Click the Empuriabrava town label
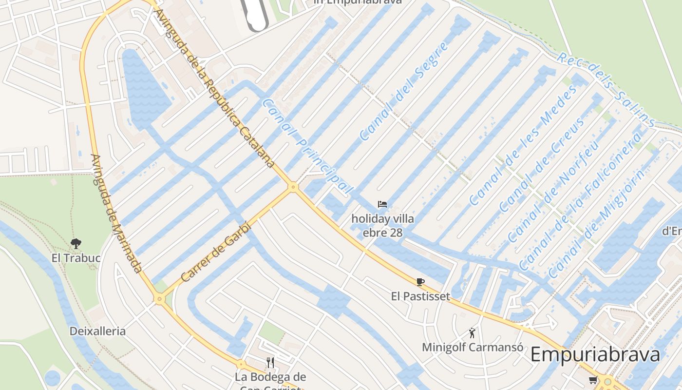[x=595, y=354]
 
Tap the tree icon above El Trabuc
[x=76, y=243]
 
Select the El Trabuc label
[x=76, y=257]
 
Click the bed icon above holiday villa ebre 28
[x=382, y=204]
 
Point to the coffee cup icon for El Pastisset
[x=420, y=282]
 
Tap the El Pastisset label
[x=420, y=296]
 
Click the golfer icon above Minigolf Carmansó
[x=472, y=333]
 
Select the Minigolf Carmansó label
[x=473, y=347]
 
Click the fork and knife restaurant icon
[x=270, y=362]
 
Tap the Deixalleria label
[x=97, y=331]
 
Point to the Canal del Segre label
[x=404, y=91]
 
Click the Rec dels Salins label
[x=606, y=89]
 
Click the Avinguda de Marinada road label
[x=116, y=213]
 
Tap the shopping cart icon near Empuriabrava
[x=593, y=380]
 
